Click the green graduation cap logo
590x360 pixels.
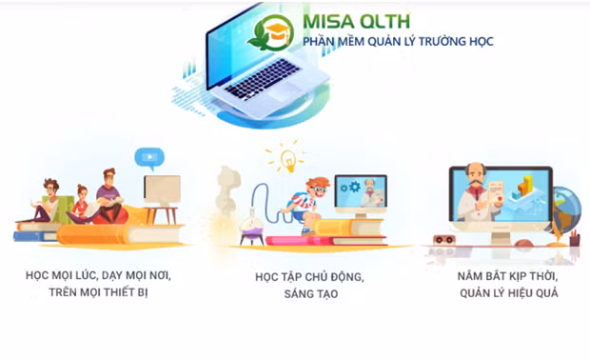coord(270,31)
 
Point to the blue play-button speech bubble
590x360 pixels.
coord(148,157)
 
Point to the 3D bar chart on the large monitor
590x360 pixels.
coord(524,187)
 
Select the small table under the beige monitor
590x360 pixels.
coord(163,211)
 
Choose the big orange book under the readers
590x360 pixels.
coord(105,231)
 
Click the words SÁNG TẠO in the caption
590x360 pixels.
coord(310,294)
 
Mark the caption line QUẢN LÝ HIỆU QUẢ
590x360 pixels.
coord(505,292)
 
